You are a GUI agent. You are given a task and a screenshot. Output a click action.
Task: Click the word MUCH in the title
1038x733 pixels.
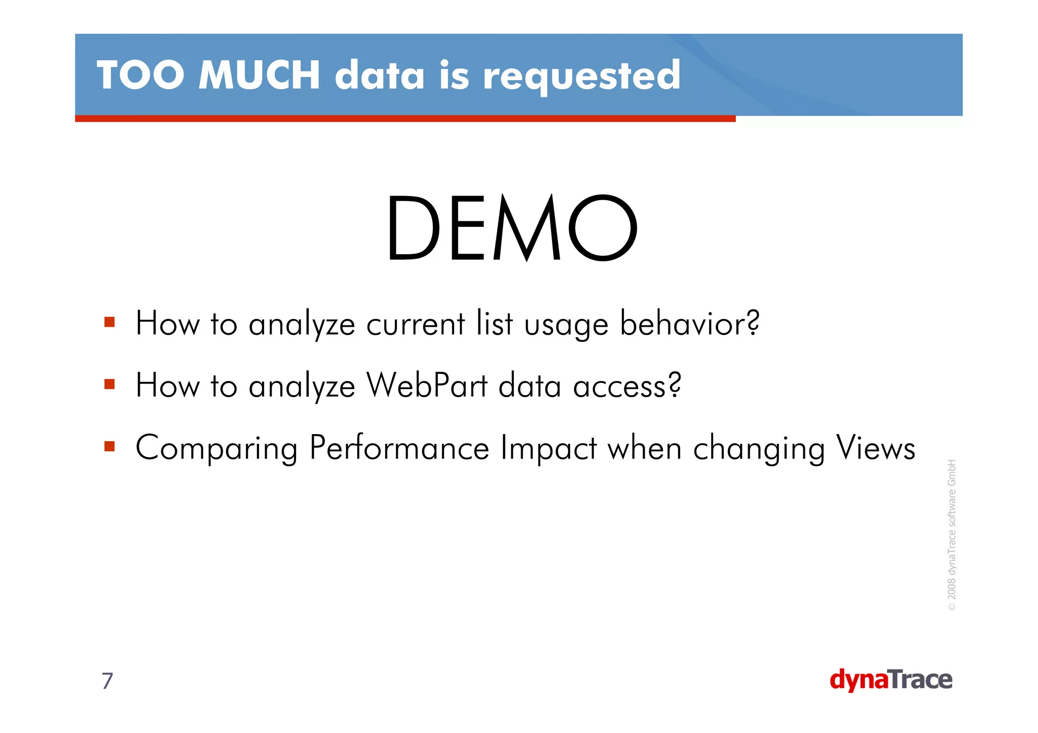[259, 75]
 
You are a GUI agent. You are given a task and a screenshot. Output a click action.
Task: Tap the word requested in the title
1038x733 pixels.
[581, 76]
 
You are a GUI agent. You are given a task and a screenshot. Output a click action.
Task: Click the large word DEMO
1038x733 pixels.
[512, 228]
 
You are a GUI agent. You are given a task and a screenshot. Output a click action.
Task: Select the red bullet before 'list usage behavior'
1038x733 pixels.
[109, 322]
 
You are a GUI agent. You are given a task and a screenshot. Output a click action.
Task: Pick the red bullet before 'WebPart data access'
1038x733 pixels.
[109, 384]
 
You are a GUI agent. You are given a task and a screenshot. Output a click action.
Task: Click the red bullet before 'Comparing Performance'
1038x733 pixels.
[109, 446]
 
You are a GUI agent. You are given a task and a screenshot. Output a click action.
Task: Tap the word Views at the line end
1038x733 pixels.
[876, 448]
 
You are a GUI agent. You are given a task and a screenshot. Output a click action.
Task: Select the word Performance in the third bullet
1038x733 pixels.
[399, 448]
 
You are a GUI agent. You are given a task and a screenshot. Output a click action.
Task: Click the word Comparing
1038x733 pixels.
[217, 449]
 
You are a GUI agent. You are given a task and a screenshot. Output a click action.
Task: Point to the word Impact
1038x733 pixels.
[548, 448]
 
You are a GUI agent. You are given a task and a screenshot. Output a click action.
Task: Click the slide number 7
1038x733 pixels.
[107, 681]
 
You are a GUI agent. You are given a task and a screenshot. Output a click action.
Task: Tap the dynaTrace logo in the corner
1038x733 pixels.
[891, 680]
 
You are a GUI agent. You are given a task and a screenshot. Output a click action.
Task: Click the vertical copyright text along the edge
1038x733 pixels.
[952, 534]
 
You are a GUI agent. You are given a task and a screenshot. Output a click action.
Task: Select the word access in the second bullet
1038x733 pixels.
[627, 386]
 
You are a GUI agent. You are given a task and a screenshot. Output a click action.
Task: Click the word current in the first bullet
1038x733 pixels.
[416, 324]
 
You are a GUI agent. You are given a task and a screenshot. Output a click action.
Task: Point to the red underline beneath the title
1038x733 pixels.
[405, 119]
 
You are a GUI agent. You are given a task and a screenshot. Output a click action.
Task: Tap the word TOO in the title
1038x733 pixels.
[140, 75]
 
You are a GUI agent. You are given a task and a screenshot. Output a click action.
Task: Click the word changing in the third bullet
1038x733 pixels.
[759, 449]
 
